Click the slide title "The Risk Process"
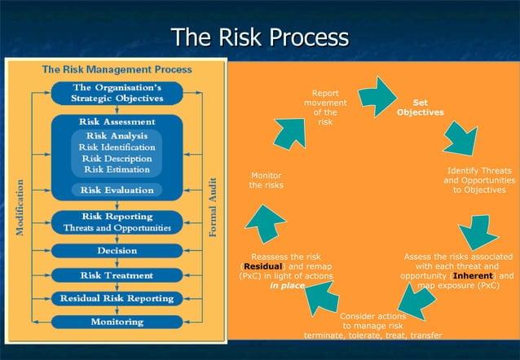pos(259,37)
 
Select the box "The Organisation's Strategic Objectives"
pos(117,93)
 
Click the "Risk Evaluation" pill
pos(117,190)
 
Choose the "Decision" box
pos(117,252)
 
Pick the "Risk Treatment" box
pos(117,275)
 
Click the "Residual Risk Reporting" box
pos(117,298)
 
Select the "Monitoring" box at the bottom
pos(117,321)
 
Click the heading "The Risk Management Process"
pos(117,70)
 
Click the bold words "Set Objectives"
pos(421,108)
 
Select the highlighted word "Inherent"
pos(474,276)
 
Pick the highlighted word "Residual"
pos(262,266)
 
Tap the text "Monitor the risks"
pos(266,180)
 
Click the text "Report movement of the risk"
pos(325,108)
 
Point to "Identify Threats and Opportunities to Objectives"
pos(479,180)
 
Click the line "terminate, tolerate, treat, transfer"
pos(373,335)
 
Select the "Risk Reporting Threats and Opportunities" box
pos(117,222)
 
